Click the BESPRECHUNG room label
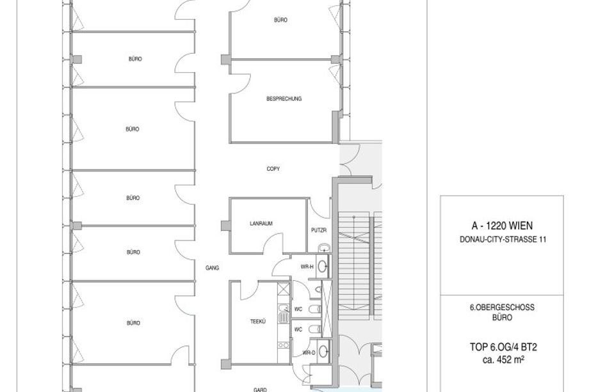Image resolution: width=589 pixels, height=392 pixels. coord(284,99)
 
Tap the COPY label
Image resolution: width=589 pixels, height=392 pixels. coord(273,169)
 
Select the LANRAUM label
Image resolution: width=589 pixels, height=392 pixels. coord(261,224)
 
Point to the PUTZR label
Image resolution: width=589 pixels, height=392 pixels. coord(319,230)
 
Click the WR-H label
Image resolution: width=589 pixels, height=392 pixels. coord(307,267)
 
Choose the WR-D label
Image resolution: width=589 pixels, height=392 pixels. coord(309,352)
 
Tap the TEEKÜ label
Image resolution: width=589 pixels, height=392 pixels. coord(258,322)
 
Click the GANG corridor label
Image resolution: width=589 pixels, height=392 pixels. coord(213,268)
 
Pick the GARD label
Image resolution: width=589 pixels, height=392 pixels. coord(260,389)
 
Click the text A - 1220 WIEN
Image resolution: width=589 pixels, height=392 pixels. coord(502,226)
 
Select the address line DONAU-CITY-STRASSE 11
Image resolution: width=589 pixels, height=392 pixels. coord(503,239)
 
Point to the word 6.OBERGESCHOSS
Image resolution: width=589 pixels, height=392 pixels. coord(502,308)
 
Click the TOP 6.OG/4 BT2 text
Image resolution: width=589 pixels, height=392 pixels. coord(503,347)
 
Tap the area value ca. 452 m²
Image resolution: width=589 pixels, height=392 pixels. coord(503,360)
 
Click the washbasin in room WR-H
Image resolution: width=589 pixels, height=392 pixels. coord(322,266)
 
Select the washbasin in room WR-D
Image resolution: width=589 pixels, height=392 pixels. coord(323,352)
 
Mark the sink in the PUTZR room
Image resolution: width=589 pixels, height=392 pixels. coord(323,248)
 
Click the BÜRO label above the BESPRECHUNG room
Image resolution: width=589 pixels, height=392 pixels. coord(280,20)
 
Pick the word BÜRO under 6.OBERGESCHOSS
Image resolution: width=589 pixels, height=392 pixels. coord(502,318)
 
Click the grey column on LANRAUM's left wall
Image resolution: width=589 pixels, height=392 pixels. coord(225,226)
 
